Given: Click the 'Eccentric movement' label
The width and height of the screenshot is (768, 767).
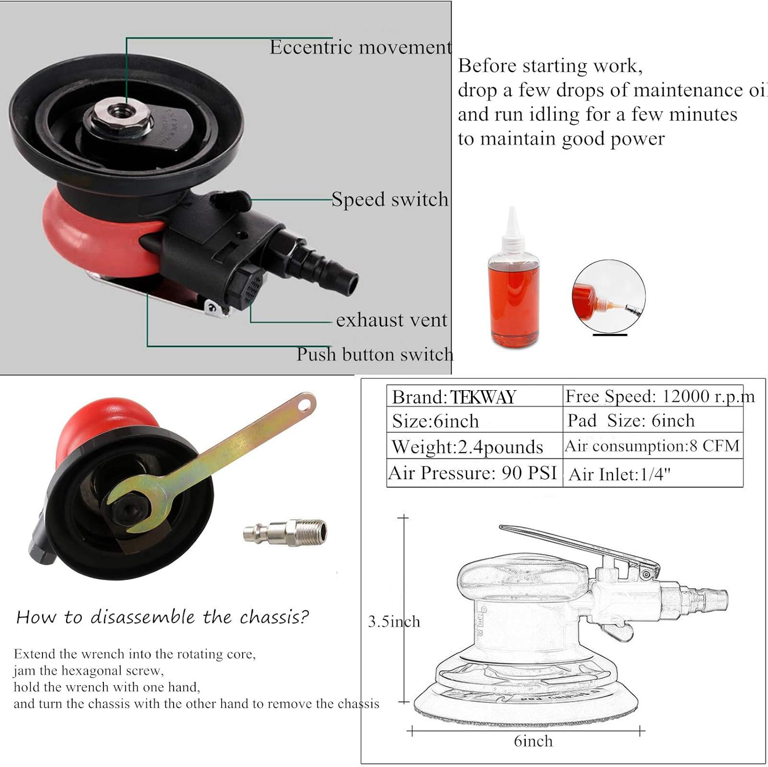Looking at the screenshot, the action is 361,47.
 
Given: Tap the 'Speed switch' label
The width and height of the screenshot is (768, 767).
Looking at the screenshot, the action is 390,199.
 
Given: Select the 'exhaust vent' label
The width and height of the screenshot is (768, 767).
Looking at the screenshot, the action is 392,320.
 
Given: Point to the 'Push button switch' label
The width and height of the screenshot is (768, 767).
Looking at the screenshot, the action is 375,354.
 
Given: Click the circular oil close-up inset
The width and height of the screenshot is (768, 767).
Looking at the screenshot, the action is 608,296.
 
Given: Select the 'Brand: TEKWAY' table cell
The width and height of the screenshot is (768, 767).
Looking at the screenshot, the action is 475,397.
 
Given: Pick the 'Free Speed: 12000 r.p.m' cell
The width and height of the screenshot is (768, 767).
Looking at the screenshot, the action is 653,396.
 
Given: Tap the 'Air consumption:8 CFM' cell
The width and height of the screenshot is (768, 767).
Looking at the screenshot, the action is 653,446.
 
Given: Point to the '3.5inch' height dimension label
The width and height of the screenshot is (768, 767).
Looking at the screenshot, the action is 394,622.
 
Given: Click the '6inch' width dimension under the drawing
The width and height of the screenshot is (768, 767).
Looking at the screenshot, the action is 533,741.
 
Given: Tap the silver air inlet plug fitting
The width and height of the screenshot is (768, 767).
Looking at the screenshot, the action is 285,532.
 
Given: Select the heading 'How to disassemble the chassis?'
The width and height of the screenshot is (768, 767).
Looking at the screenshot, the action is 162,617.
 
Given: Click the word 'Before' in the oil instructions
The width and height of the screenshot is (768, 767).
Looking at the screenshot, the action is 486,66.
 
